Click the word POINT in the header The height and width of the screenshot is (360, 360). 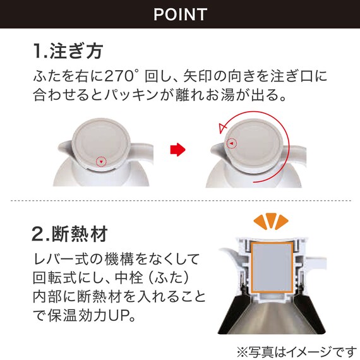tap(180, 14)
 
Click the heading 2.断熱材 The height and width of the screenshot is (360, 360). tap(69, 234)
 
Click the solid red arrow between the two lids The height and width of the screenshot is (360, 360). tap(179, 150)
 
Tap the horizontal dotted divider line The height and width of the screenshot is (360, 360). tap(180, 201)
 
